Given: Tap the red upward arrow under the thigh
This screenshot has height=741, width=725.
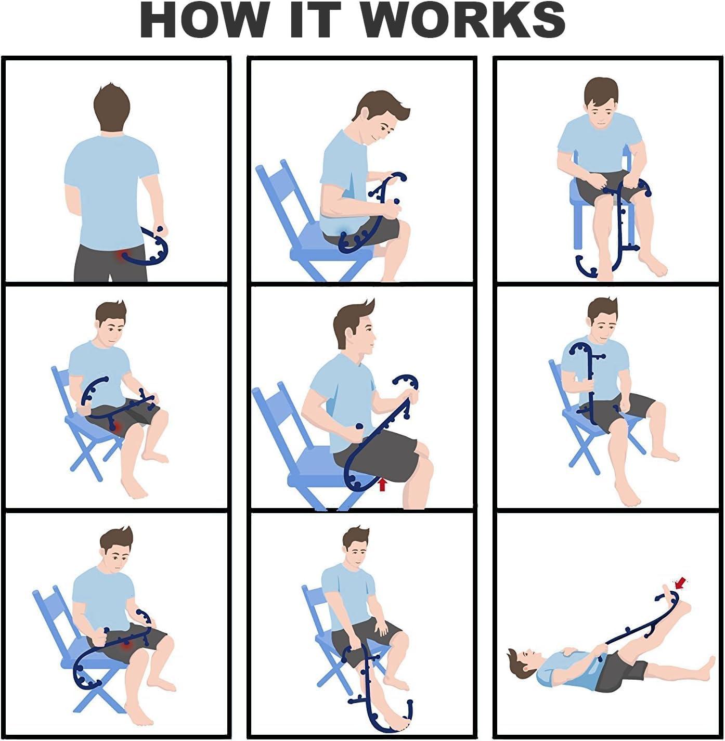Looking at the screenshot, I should point(383,485).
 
